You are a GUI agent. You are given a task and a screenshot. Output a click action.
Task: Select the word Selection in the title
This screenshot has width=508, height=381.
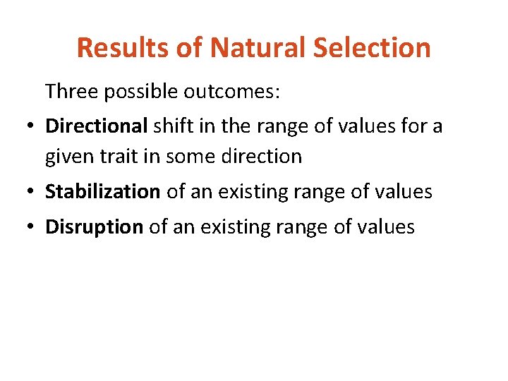coord(373,48)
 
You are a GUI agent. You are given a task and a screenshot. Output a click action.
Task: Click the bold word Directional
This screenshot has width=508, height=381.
coord(96,126)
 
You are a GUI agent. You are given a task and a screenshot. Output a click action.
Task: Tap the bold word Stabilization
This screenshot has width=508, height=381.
coord(103,191)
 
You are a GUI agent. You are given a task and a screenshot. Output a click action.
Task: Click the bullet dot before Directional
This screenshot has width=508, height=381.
coord(25,127)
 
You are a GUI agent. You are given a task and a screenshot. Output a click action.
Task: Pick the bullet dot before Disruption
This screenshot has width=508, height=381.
coord(25,228)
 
